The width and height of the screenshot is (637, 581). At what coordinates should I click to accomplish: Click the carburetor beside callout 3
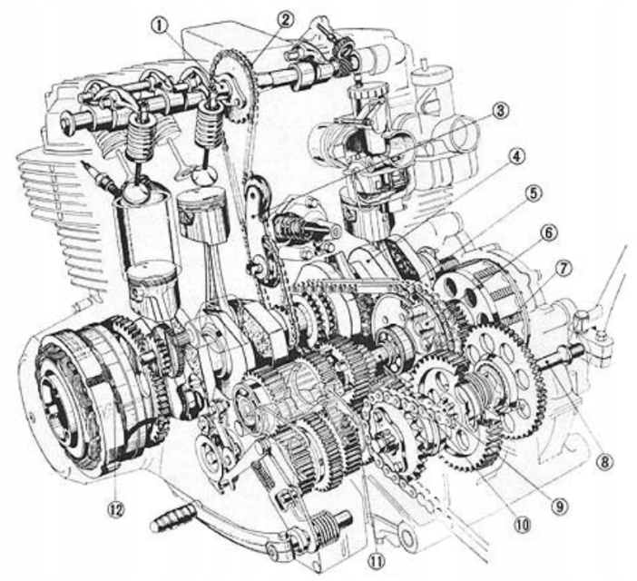[363, 145]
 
